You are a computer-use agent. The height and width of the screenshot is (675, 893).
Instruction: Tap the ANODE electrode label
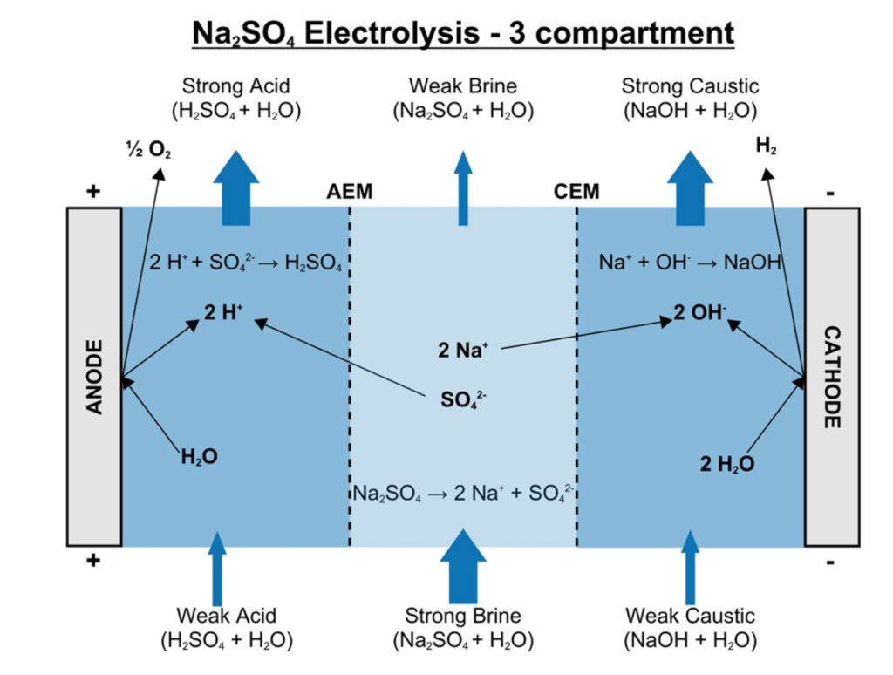click(94, 377)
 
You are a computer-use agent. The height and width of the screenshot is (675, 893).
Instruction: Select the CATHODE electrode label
click(832, 377)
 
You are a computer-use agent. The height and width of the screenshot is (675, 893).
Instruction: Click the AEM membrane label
click(349, 192)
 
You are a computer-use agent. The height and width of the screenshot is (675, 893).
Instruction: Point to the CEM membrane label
click(576, 192)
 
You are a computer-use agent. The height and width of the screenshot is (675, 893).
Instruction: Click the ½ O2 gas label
click(148, 150)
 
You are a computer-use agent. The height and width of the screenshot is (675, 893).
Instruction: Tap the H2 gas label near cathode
click(767, 146)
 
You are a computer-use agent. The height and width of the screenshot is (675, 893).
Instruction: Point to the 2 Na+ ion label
click(463, 351)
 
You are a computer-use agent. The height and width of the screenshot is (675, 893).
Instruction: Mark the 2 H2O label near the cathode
click(726, 464)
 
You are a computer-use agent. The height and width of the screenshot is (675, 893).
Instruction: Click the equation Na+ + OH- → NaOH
click(690, 262)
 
